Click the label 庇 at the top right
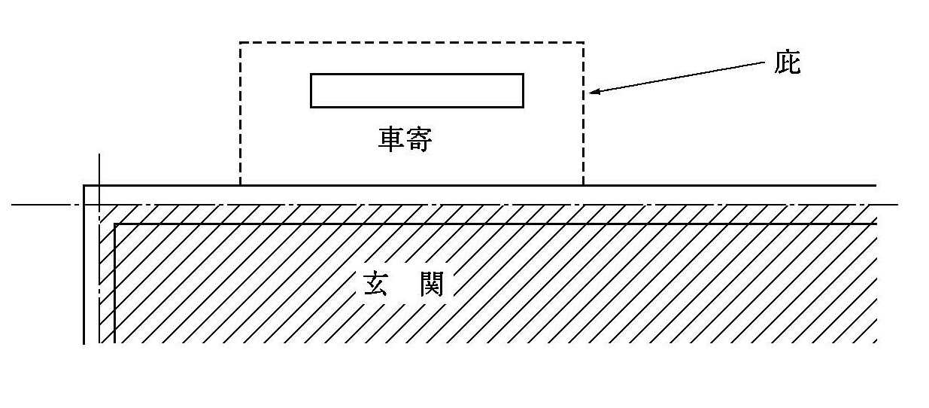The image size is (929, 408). pyautogui.click(x=788, y=64)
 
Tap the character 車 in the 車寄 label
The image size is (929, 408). pyautogui.click(x=390, y=139)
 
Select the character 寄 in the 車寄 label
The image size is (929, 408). pyautogui.click(x=419, y=139)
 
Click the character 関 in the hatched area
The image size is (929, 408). pyautogui.click(x=431, y=285)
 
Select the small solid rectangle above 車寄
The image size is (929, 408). pyautogui.click(x=417, y=90)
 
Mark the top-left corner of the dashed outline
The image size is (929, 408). pyautogui.click(x=240, y=43)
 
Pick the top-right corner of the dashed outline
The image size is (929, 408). pyautogui.click(x=583, y=43)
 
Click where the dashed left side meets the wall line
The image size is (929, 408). pyautogui.click(x=240, y=184)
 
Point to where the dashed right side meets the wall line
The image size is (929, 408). pyautogui.click(x=583, y=184)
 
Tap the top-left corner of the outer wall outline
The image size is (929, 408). pyautogui.click(x=83, y=185)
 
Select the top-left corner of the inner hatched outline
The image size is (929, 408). pyautogui.click(x=114, y=224)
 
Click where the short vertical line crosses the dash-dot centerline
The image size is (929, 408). pyautogui.click(x=99, y=204)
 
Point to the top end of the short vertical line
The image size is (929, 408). pyautogui.click(x=99, y=154)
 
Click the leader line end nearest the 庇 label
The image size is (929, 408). pyautogui.click(x=764, y=63)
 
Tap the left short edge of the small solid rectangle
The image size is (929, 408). pyautogui.click(x=311, y=90)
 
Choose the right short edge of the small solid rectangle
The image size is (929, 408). pyautogui.click(x=523, y=90)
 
